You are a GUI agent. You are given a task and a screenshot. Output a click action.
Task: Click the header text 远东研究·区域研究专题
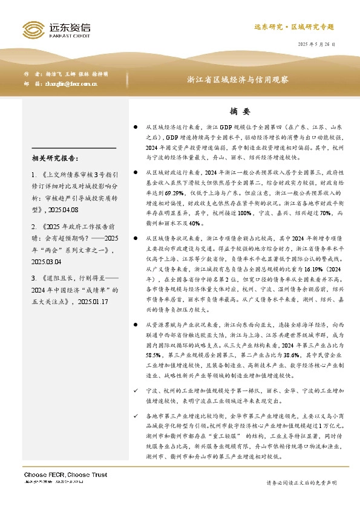293,28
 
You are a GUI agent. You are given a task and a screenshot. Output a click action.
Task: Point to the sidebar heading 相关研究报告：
54,159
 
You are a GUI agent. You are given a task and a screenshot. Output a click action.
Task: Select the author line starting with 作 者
67,73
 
